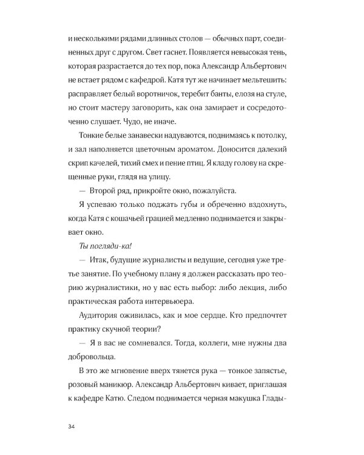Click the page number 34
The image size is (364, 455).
tap(73, 426)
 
